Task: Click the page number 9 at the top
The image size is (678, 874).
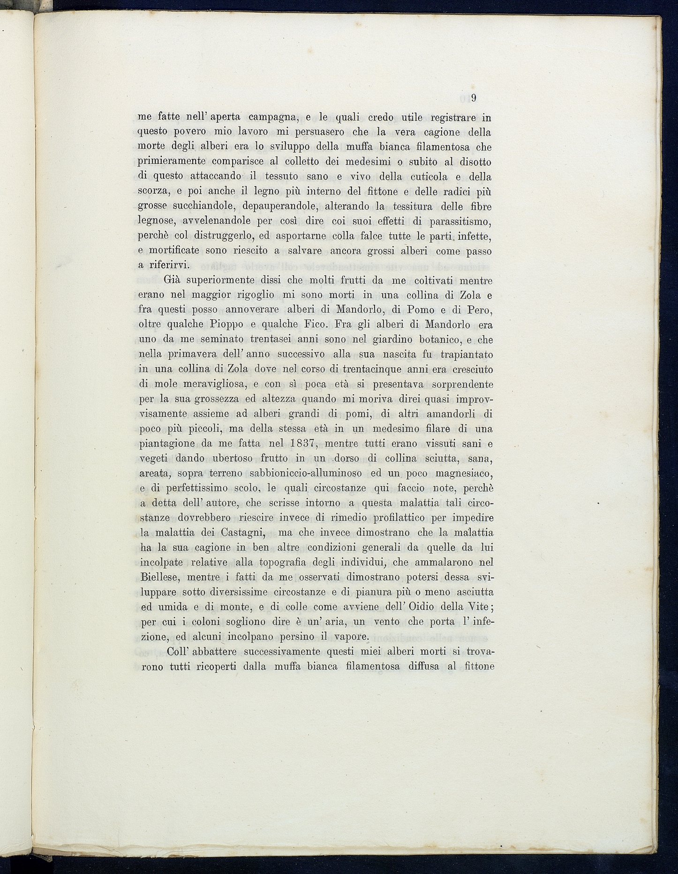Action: (x=474, y=98)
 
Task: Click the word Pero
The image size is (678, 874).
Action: (x=476, y=310)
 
